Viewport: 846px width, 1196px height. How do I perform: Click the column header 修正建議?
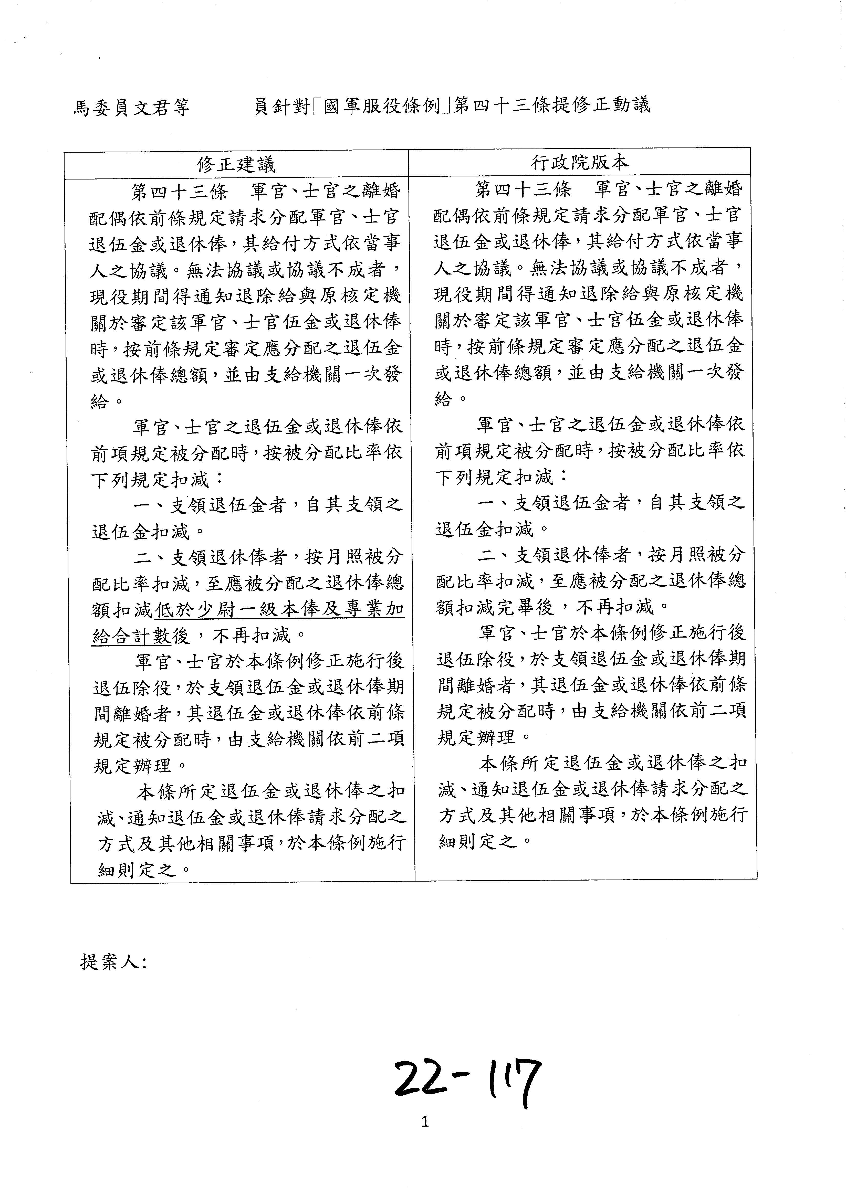(236, 165)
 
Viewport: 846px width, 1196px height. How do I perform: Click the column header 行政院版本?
(579, 163)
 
